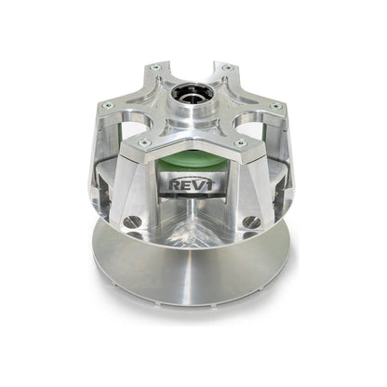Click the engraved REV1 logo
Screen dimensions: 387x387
(x=193, y=184)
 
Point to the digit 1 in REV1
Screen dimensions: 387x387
(x=210, y=184)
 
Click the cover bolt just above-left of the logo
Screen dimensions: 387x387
(x=145, y=142)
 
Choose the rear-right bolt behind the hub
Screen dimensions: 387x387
(x=225, y=68)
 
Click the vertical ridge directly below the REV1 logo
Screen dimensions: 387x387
(x=193, y=219)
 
